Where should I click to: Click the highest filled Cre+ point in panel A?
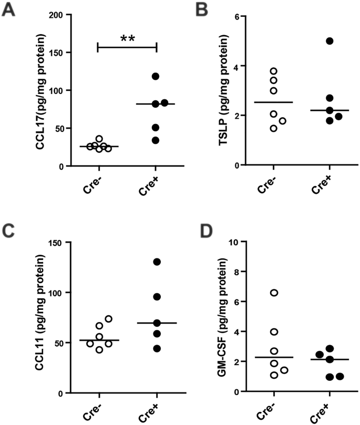coord(156,77)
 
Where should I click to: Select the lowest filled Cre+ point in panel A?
coord(156,140)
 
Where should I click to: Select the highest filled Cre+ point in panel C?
coord(156,262)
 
